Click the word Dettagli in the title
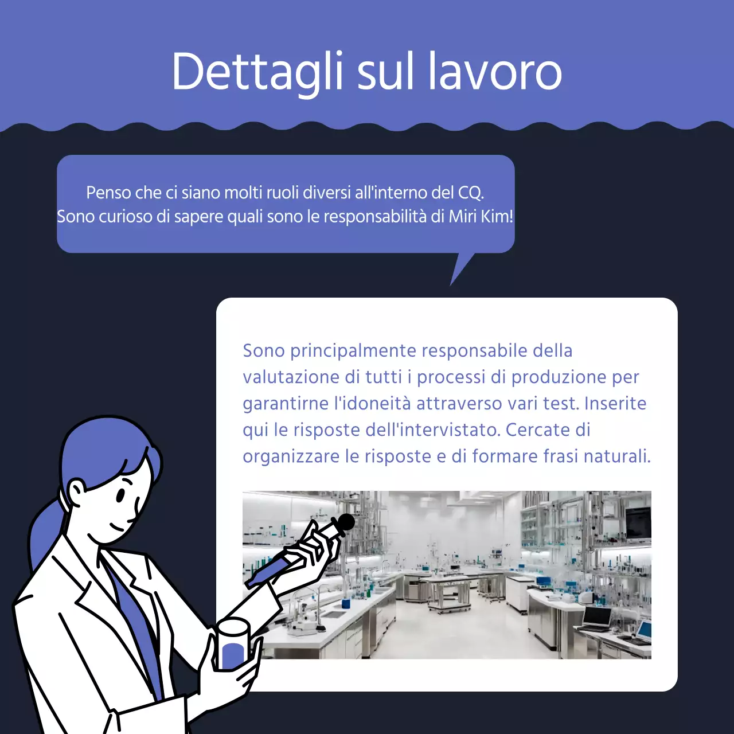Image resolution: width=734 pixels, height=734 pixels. [x=257, y=72]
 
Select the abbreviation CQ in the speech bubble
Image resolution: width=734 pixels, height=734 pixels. [x=470, y=193]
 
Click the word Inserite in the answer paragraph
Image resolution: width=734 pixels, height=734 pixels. [x=615, y=403]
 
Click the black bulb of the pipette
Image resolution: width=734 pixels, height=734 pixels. [x=346, y=522]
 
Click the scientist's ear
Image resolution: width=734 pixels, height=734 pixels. [x=76, y=491]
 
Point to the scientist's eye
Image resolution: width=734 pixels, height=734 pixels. [x=120, y=494]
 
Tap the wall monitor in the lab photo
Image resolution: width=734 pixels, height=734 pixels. [x=638, y=523]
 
